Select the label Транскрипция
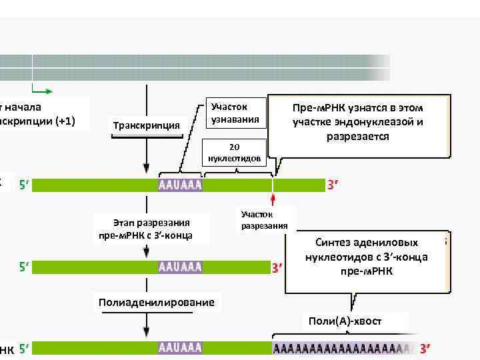pyautogui.click(x=147, y=125)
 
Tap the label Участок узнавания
pyautogui.click(x=229, y=114)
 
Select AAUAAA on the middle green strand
pyautogui.click(x=180, y=267)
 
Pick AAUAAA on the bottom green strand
pyautogui.click(x=180, y=348)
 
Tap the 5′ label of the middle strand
pyautogui.click(x=24, y=267)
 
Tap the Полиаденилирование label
pyautogui.click(x=157, y=303)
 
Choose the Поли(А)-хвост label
pyautogui.click(x=345, y=321)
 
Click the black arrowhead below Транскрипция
pyautogui.click(x=147, y=171)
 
